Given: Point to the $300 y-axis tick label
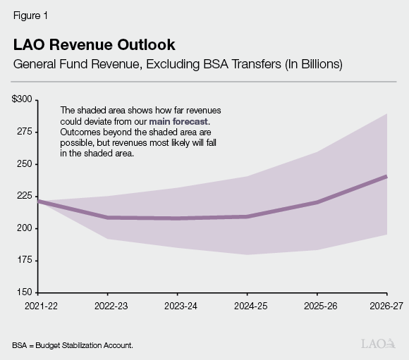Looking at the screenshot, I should tap(21, 100).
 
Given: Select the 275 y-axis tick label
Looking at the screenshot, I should tap(23, 132).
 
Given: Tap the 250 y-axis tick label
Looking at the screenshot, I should tap(23, 164).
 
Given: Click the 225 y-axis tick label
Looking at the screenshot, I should tap(23, 196).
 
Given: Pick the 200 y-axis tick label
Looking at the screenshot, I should tap(23, 228).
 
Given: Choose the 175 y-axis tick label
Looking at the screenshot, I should tap(23, 260).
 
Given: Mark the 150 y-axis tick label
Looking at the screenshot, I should tap(23, 292).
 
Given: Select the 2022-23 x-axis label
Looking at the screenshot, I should tap(107, 305).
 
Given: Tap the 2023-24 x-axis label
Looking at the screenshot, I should tap(177, 305).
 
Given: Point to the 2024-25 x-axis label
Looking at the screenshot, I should tap(247, 305).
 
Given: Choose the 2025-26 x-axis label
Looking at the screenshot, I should tap(317, 305).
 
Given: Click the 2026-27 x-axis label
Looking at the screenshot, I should tap(386, 305).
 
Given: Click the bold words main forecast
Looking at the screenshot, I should tap(179, 121).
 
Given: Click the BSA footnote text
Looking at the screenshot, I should tap(72, 345).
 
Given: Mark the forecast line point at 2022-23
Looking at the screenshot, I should tap(107, 217).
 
